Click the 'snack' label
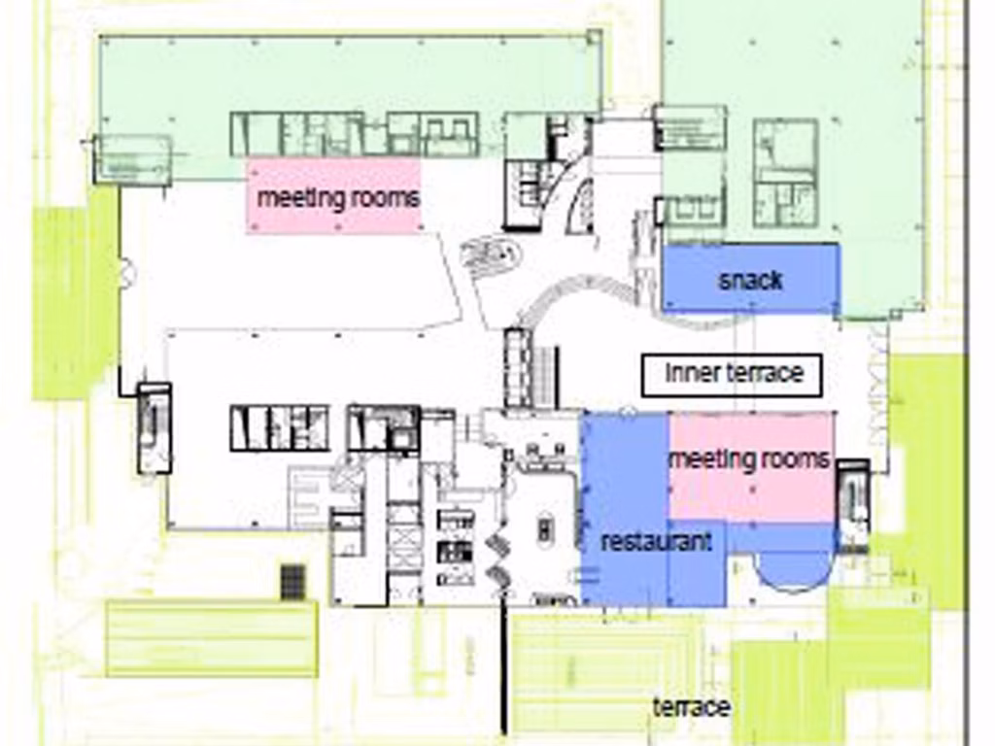click(750, 281)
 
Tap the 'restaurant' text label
click(656, 542)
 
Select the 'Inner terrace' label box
click(733, 376)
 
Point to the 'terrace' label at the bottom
click(692, 707)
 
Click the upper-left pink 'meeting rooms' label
click(338, 198)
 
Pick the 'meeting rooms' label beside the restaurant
click(749, 458)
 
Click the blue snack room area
click(751, 278)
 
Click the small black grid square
click(292, 582)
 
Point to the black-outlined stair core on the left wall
click(154, 428)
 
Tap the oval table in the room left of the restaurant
click(544, 529)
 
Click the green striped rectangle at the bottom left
click(212, 638)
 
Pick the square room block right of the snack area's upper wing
click(785, 173)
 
